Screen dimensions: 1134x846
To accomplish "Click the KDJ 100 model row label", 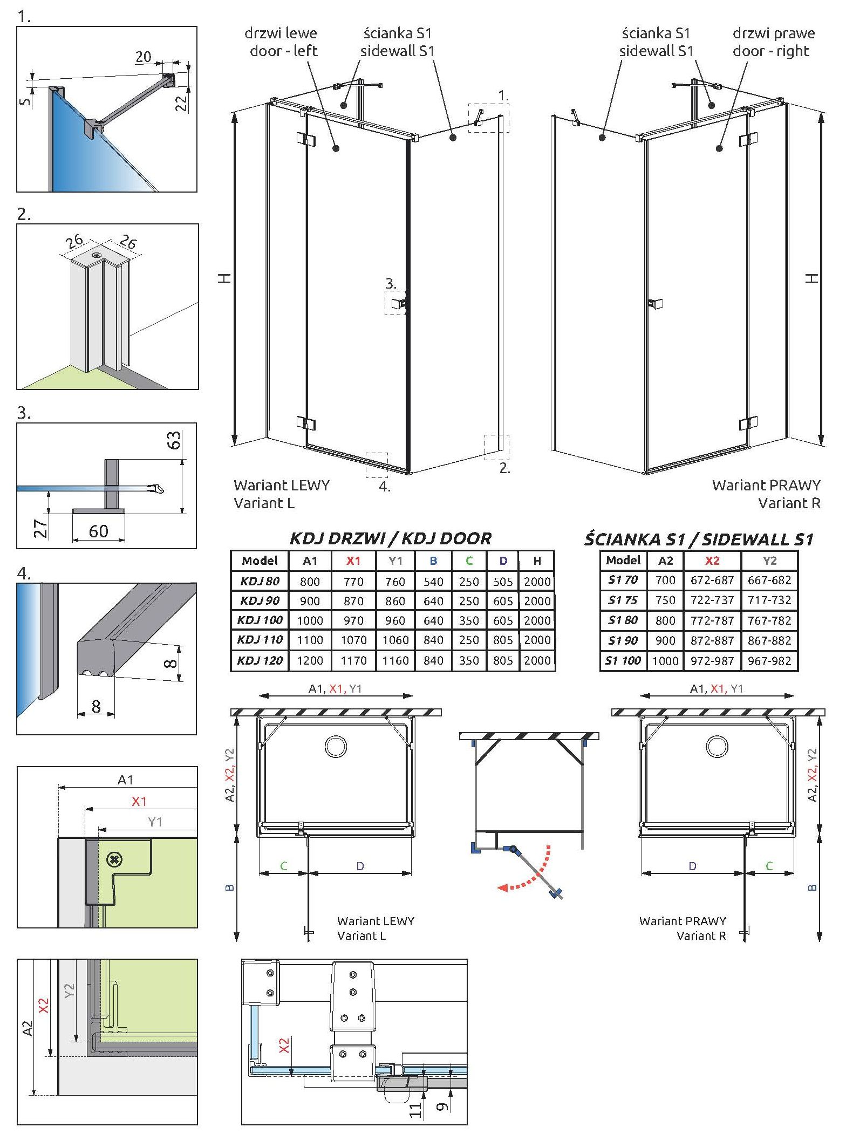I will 260,620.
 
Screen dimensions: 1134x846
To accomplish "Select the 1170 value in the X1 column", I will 353,660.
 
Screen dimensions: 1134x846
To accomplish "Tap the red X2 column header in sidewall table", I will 712,560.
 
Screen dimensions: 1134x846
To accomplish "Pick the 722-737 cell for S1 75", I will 712,600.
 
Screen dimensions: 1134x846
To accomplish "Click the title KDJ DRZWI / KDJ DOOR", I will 391,538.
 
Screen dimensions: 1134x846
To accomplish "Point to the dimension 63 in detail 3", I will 174,440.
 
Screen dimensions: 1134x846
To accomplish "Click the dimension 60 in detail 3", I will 98,531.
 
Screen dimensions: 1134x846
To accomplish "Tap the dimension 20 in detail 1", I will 143,57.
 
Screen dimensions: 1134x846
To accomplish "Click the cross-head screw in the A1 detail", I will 115,859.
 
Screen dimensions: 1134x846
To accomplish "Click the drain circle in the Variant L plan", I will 336,746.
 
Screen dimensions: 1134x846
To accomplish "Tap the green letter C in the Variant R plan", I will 769,866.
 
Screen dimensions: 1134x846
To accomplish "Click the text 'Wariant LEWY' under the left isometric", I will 281,485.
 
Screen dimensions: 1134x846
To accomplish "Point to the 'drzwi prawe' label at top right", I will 773,33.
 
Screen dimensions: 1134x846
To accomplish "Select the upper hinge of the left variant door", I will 306,139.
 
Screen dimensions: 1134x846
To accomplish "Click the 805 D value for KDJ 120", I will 502,660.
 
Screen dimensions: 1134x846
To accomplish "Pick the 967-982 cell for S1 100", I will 769,660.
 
